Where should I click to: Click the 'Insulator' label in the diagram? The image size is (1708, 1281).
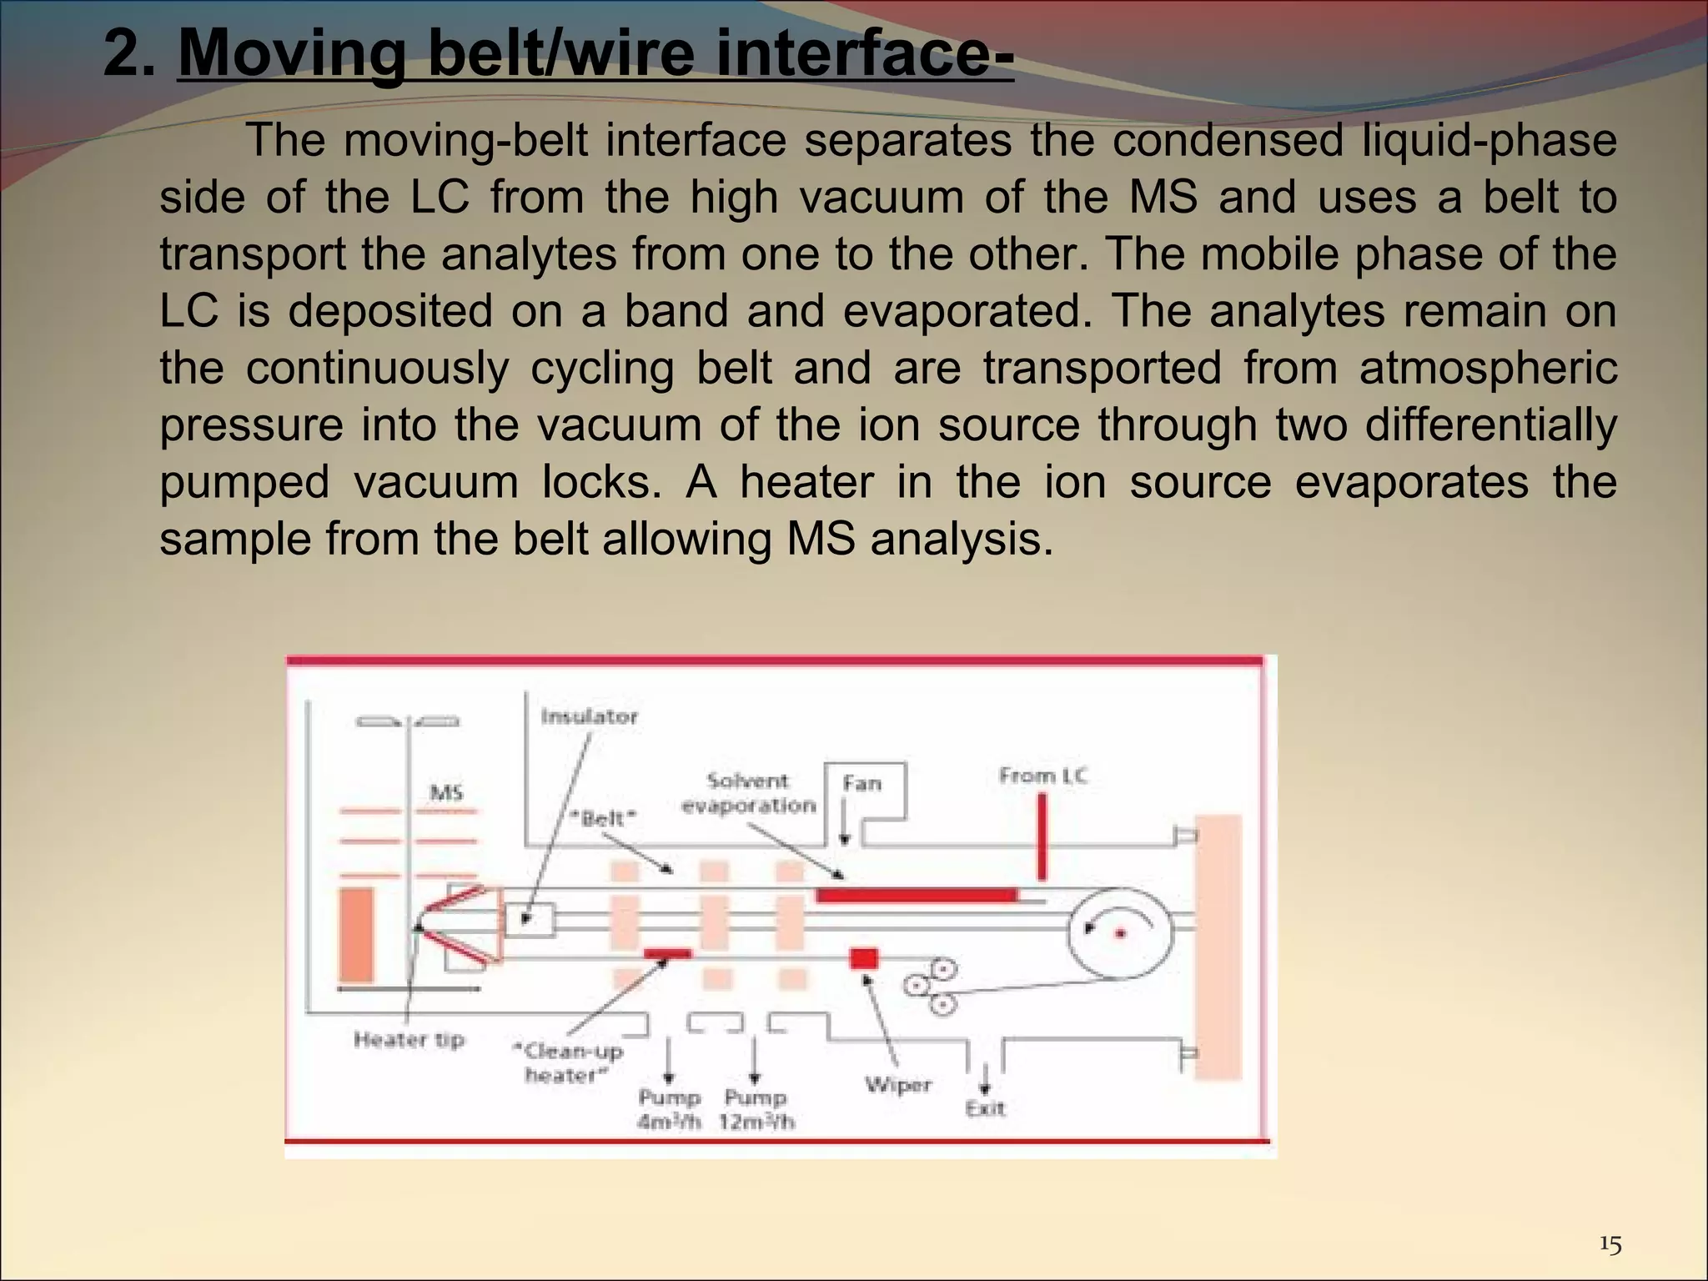coord(589,716)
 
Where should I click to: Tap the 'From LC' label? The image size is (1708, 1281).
coord(1043,776)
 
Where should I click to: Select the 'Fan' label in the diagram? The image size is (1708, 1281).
coord(862,783)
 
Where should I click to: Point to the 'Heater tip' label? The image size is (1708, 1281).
coord(409,1040)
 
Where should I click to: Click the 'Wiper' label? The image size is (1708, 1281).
coord(897,1085)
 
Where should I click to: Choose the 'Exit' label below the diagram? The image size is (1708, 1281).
coord(985,1108)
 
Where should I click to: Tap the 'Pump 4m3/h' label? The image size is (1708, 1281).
coord(669,1109)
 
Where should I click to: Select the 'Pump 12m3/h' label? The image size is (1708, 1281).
coord(756,1109)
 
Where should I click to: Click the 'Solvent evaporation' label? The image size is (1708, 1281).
coord(748,793)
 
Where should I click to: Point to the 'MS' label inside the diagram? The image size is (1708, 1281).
coord(446,792)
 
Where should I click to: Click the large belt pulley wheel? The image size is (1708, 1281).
coord(1121,932)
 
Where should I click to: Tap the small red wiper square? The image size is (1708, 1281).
coord(864,959)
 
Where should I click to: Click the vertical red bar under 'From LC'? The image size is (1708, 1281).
coord(1042,836)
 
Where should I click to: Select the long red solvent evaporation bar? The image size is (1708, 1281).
coord(917,896)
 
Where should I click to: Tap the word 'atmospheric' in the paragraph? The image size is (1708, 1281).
coord(1488,368)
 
